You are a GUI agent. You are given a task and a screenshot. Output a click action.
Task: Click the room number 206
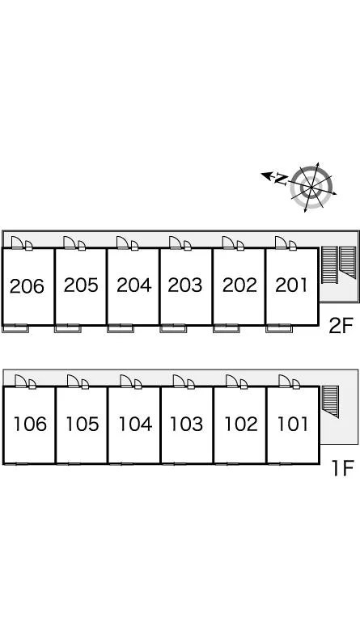(27, 286)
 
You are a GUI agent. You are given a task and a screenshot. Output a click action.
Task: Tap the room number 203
(185, 285)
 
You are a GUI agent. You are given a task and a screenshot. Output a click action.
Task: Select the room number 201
(291, 285)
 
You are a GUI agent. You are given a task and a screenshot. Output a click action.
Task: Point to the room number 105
(82, 425)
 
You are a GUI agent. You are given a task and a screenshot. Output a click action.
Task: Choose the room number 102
(241, 425)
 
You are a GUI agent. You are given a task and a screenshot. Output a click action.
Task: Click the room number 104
(135, 425)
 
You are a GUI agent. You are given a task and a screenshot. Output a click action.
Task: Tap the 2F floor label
(341, 326)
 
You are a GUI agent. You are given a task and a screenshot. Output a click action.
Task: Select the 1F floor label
(342, 468)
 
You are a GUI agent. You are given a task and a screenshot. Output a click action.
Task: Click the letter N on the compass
(282, 180)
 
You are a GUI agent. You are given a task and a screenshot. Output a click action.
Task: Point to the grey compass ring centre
(311, 187)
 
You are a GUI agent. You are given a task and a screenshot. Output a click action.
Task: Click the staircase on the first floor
(330, 401)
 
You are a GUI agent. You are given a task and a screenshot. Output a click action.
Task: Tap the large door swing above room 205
(70, 243)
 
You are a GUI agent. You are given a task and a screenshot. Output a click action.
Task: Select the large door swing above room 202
(228, 243)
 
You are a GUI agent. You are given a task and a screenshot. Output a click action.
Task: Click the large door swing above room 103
(179, 381)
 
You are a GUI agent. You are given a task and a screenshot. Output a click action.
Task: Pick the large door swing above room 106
(20, 381)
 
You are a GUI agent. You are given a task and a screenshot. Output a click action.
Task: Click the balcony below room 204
(121, 328)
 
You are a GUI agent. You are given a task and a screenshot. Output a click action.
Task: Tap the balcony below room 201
(279, 328)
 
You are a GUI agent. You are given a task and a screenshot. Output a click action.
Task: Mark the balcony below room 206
(15, 328)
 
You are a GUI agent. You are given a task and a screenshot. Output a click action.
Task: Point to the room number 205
(81, 285)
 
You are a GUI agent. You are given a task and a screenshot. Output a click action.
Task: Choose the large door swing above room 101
(285, 381)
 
